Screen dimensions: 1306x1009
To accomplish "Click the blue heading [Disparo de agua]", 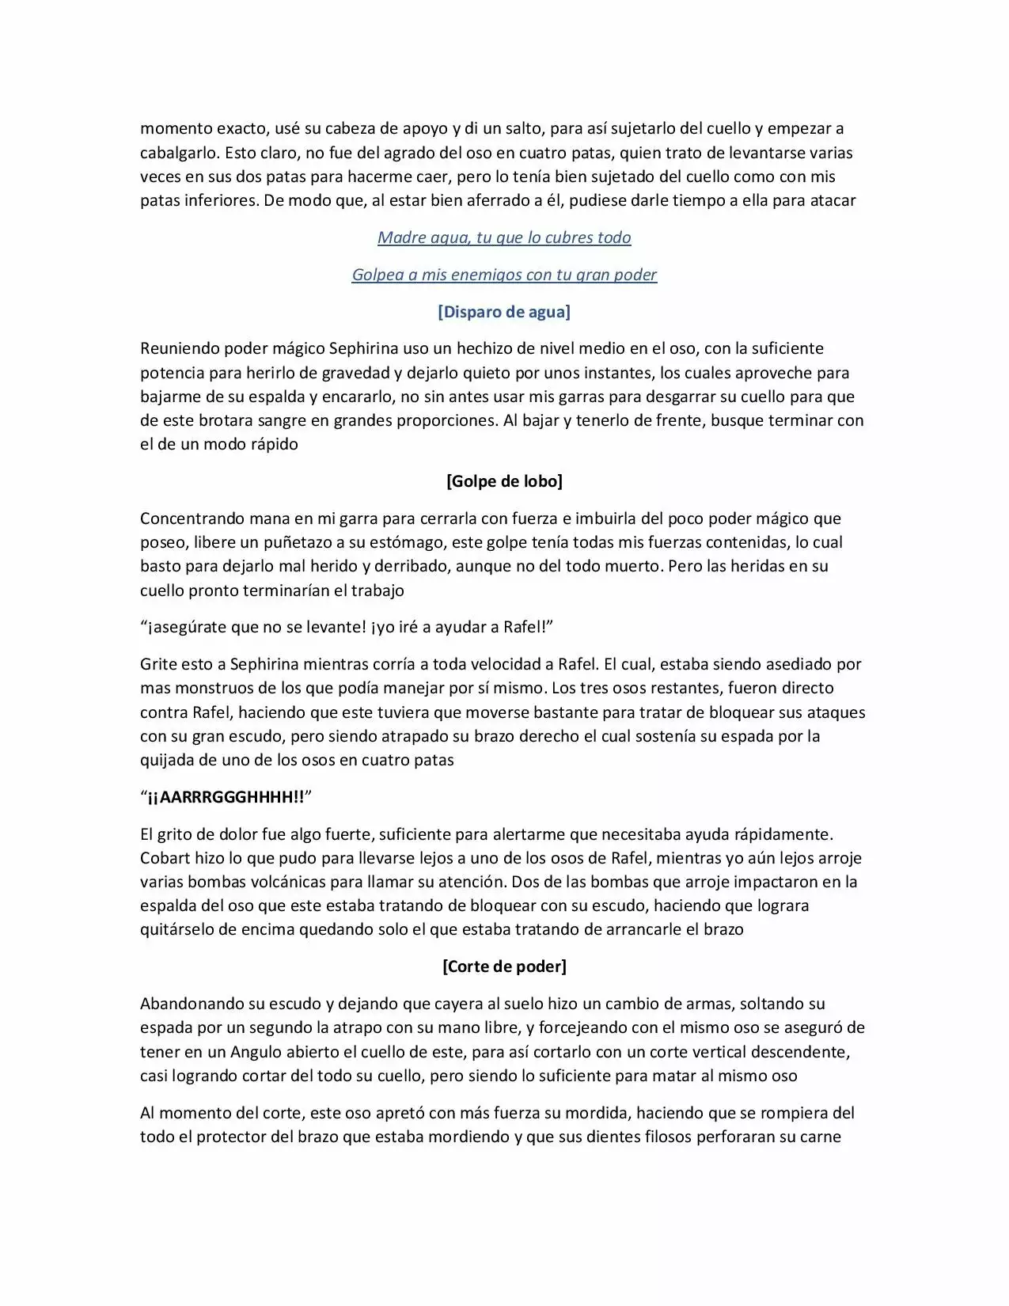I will (504, 312).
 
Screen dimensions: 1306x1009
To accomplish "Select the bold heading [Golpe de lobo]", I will (504, 481).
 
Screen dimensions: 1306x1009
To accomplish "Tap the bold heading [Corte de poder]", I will (504, 966).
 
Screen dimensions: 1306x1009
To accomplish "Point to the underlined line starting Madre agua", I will (504, 237).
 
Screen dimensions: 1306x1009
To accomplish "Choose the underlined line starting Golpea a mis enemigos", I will (504, 275).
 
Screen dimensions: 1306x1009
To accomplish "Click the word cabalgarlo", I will (178, 152).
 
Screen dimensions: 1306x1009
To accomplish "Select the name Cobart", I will (165, 858).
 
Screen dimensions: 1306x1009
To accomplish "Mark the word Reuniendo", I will (179, 348).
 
